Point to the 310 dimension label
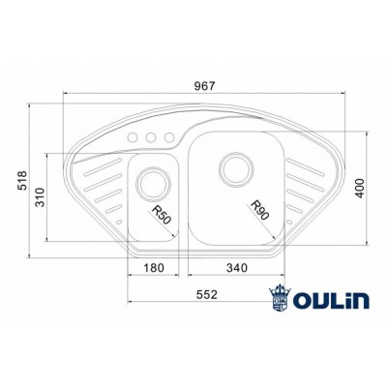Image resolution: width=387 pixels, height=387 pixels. tap(42, 199)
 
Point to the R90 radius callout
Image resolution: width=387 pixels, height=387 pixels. tap(257, 210)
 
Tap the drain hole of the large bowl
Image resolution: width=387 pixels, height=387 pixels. tap(234, 168)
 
